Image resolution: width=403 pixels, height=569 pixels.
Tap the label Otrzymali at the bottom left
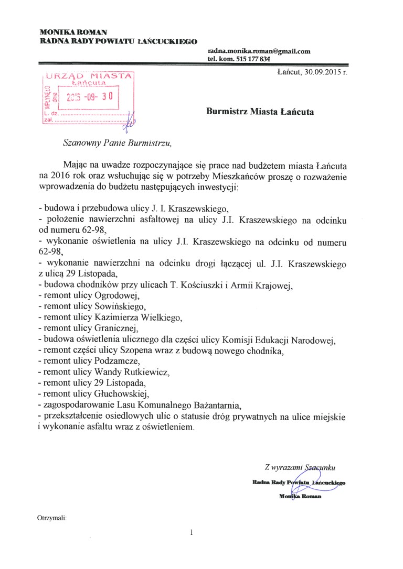(51, 518)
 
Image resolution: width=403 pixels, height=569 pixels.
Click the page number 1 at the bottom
(192, 533)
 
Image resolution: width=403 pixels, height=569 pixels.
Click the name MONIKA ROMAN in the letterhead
(73, 32)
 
